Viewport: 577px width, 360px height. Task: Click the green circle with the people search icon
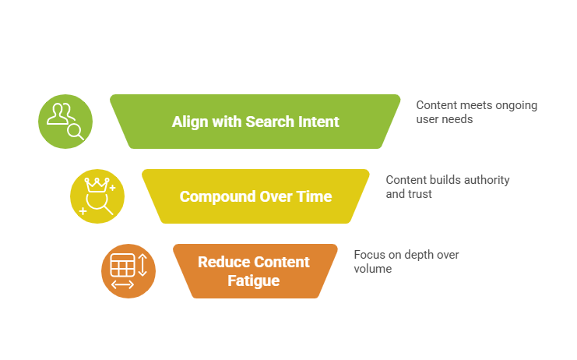pyautogui.click(x=65, y=122)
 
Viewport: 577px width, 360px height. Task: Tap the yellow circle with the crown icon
pyautogui.click(x=97, y=196)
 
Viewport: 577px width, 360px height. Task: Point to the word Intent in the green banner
pyautogui.click(x=316, y=122)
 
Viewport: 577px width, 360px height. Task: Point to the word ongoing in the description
pyautogui.click(x=515, y=105)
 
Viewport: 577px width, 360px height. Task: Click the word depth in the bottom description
pyautogui.click(x=420, y=255)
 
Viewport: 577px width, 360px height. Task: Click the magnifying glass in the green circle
pyautogui.click(x=76, y=131)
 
